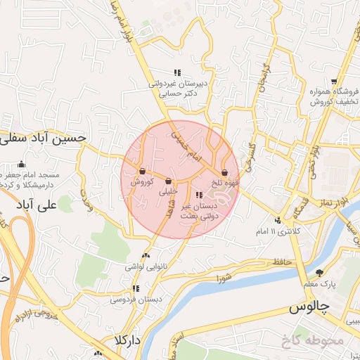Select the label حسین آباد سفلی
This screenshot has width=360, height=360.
[x=43, y=138]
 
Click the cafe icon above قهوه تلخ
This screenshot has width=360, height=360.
[x=225, y=172]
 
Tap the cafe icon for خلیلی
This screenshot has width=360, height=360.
[x=169, y=181]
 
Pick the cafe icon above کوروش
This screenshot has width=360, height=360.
[x=143, y=172]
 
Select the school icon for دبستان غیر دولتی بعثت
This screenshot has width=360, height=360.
[x=199, y=195]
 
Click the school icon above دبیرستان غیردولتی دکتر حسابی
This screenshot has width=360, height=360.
[x=178, y=72]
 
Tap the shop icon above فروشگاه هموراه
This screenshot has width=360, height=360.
[x=334, y=82]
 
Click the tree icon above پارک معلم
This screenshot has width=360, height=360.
[x=320, y=273]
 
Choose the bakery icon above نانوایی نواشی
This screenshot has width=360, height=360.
[x=146, y=256]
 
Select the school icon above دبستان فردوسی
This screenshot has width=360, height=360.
[x=136, y=288]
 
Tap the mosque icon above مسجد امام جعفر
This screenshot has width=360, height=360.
[x=20, y=165]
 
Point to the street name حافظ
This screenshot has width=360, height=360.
[x=283, y=262]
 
